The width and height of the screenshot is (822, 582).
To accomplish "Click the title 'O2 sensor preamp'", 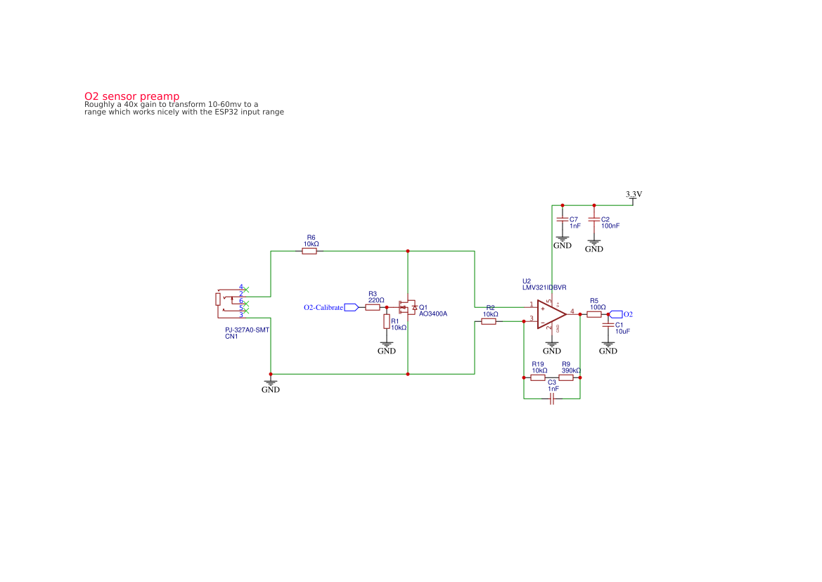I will click(131, 96).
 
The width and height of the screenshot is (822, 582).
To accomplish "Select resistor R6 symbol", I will click(309, 251).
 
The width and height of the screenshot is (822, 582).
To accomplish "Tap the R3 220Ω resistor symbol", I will click(373, 307).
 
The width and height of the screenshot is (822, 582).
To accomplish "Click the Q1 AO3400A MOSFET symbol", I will click(406, 308).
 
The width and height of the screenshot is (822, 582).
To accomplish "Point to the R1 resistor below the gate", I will click(387, 321).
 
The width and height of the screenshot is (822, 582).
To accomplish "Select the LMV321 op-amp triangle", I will click(551, 314).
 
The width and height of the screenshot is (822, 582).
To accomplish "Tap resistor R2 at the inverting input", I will click(489, 321).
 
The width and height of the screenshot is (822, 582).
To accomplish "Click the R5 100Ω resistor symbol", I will click(594, 314).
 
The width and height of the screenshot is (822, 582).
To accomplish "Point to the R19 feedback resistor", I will click(538, 377).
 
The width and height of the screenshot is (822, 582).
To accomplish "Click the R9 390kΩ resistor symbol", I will click(566, 377).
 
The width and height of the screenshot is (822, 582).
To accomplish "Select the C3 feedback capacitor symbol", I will click(552, 399).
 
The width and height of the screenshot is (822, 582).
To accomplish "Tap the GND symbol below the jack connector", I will click(271, 384).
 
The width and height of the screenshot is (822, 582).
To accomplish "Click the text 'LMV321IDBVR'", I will click(544, 287).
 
